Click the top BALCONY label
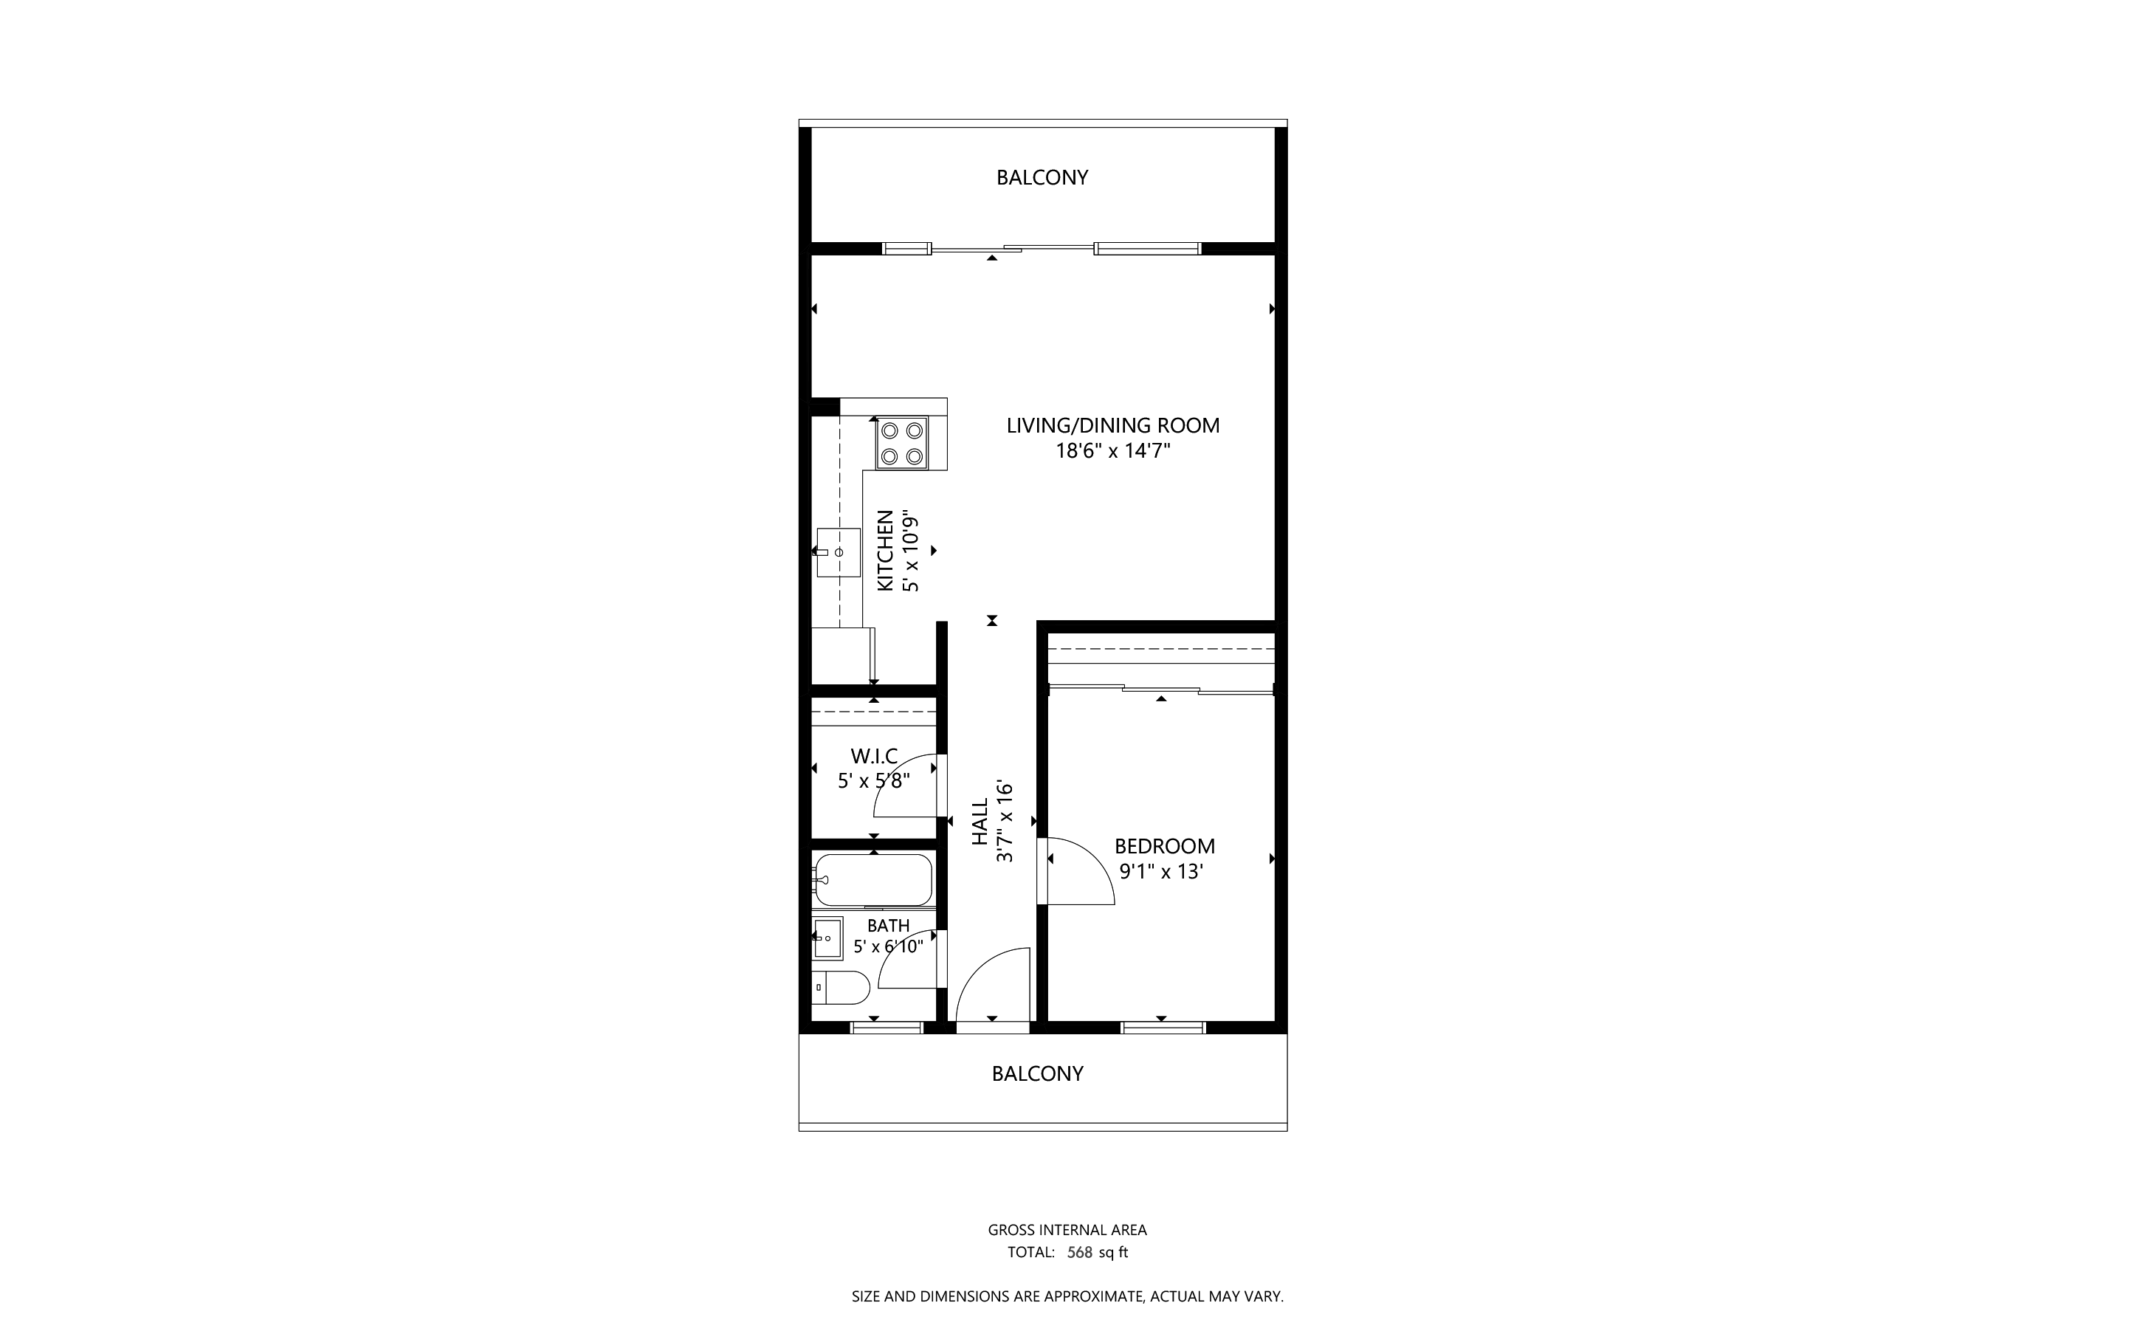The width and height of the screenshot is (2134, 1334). click(1042, 177)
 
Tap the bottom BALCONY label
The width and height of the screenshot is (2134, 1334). click(1037, 1073)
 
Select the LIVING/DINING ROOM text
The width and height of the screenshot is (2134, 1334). click(1112, 425)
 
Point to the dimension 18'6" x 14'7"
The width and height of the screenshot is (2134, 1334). click(1112, 452)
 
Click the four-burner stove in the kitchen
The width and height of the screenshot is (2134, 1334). click(901, 443)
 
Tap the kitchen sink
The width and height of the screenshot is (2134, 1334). click(837, 552)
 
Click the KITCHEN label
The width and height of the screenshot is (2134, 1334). click(885, 551)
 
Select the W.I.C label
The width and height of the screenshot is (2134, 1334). click(873, 756)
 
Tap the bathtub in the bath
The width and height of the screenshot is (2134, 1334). click(872, 880)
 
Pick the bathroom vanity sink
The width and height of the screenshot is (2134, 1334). click(827, 938)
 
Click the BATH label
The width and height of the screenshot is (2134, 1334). click(887, 926)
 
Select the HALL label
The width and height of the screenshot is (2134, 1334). click(980, 822)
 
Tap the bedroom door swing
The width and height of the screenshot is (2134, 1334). click(1078, 873)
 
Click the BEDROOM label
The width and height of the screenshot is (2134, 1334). click(1165, 847)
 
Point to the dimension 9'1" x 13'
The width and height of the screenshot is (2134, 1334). click(1161, 873)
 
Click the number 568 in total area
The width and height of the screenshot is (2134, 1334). click(1080, 1252)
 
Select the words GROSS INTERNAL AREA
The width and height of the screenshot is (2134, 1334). click(1067, 1230)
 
